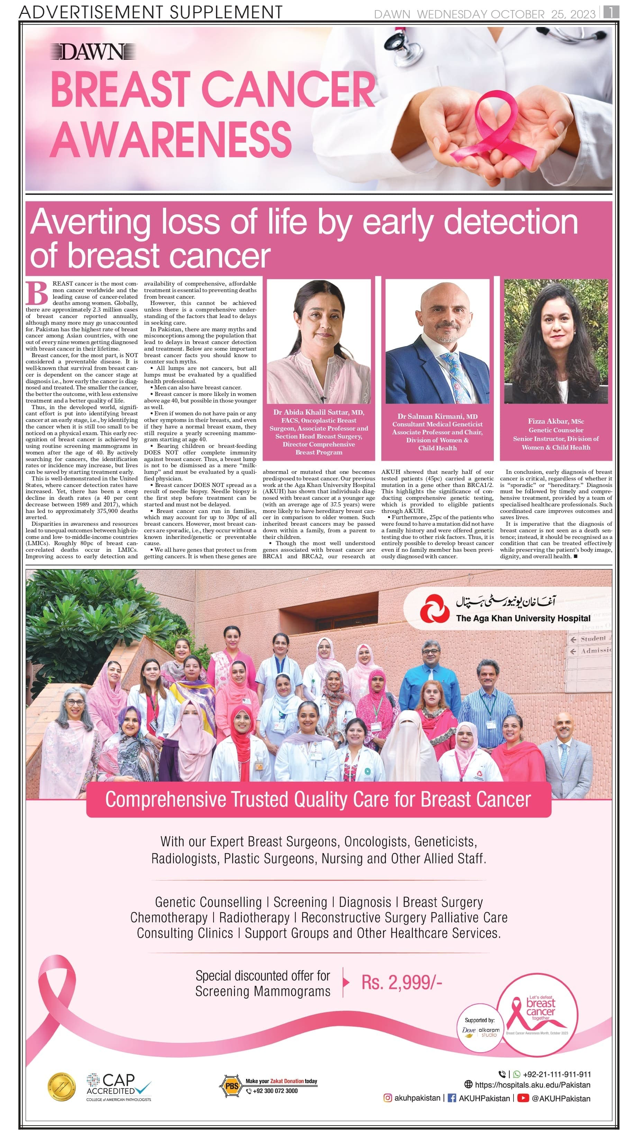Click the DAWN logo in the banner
tap(92, 53)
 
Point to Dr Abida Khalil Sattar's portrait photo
tap(318, 341)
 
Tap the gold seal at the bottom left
tap(61, 1087)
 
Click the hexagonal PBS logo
tap(231, 1086)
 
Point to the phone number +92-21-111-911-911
tap(557, 1074)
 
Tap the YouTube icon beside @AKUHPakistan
tap(523, 1098)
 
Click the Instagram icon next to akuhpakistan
tap(388, 1098)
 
